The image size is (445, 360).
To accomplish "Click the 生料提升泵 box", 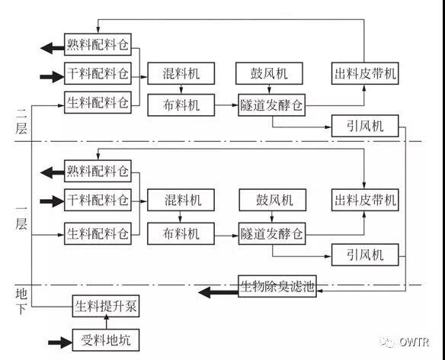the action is [x=106, y=307].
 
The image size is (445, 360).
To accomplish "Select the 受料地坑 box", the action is [x=106, y=340].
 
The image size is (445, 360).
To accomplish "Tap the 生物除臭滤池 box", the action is [x=277, y=286].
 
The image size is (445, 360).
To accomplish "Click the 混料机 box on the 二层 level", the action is [x=181, y=73].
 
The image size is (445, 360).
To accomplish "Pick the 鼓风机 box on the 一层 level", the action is [x=273, y=200].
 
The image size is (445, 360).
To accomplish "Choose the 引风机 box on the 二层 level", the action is [x=365, y=126].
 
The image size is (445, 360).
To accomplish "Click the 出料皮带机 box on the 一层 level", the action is [x=365, y=200].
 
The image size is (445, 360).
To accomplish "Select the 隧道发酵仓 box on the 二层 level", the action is [x=271, y=105].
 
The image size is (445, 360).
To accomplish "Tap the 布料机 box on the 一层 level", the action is [x=181, y=233].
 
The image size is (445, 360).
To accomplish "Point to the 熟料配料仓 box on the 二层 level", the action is [x=98, y=44].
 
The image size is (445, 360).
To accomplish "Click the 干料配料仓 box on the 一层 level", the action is [x=98, y=200].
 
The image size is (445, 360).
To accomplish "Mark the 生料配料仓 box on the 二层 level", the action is [x=98, y=102].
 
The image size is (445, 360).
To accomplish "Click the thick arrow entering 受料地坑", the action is [x=60, y=342].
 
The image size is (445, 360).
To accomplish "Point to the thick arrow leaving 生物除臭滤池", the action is [x=218, y=292].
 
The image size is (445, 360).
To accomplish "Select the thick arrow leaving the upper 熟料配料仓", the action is [x=53, y=48].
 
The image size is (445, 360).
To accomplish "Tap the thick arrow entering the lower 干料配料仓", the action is [x=53, y=201].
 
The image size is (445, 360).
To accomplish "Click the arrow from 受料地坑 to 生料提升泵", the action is [x=107, y=323].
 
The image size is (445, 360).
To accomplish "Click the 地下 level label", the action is [x=21, y=301].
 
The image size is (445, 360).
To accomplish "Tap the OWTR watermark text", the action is [x=414, y=342].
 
